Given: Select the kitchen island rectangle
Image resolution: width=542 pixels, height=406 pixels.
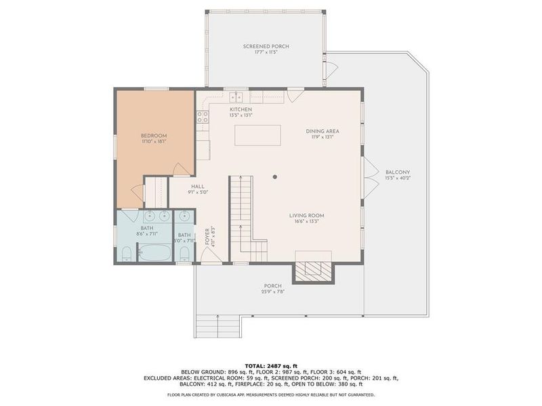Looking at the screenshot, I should point(257,135).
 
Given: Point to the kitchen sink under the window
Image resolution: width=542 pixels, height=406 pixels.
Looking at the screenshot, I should point(236,97).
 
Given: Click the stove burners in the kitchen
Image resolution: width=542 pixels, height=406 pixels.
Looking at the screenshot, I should point(202,118).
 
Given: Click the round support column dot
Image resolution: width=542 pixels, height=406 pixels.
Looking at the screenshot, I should point(275,177).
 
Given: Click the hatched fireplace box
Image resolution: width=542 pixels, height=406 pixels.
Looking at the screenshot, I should point(314,271).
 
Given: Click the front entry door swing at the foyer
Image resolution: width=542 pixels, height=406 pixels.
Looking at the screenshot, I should point(210,256).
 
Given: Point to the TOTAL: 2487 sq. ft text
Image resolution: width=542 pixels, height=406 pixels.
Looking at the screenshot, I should point(271,365).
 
